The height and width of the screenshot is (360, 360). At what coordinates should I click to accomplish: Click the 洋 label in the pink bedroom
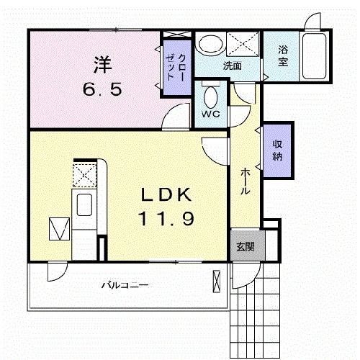pyautogui.click(x=102, y=65)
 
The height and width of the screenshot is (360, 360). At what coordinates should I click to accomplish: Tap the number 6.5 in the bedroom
pyautogui.click(x=102, y=89)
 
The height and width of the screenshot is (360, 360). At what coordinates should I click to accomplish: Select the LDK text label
pyautogui.click(x=166, y=194)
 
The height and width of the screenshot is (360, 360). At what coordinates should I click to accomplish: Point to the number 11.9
pyautogui.click(x=166, y=219)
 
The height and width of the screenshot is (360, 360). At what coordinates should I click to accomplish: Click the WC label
pyautogui.click(x=210, y=114)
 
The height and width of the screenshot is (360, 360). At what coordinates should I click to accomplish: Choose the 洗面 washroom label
pyautogui.click(x=232, y=66)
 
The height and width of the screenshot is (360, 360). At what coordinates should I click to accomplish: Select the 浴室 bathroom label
pyautogui.click(x=283, y=56)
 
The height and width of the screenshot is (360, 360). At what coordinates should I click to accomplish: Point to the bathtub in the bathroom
pyautogui.click(x=315, y=56)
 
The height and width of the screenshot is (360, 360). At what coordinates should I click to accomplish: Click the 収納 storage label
pyautogui.click(x=277, y=150)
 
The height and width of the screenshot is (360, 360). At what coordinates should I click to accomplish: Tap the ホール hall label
pyautogui.click(x=245, y=181)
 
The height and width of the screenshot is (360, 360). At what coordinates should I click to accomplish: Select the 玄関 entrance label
pyautogui.click(x=246, y=247)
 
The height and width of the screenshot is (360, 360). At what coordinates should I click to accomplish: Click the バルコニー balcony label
pyautogui.click(x=125, y=285)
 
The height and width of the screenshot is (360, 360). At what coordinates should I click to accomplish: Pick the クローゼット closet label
pyautogui.click(x=176, y=67)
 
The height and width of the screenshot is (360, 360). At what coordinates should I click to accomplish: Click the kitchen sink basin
pyautogui.click(x=84, y=204)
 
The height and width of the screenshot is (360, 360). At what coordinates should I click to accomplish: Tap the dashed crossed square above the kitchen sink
pyautogui.click(x=85, y=175)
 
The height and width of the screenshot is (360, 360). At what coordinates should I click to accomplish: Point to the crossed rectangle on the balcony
pyautogui.click(x=216, y=282)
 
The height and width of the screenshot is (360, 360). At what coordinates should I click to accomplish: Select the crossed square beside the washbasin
pyautogui.click(x=243, y=44)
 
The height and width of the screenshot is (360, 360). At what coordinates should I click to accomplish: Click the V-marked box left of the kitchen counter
pyautogui.click(x=59, y=229)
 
